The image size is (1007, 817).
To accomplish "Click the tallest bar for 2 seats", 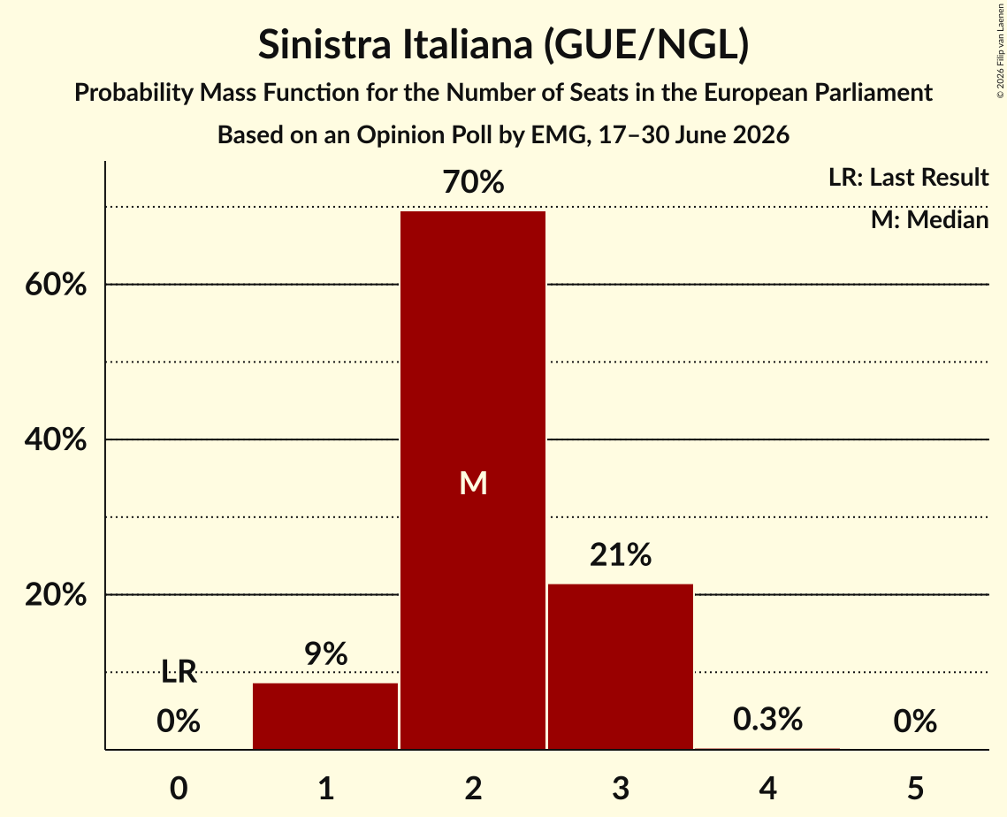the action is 473,480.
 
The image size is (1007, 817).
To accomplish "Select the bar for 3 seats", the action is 621,667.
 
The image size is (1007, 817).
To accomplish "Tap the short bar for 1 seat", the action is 325,716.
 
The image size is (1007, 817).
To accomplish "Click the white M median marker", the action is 473,483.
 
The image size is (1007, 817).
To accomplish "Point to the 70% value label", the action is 473,182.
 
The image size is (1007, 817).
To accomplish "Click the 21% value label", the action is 621,555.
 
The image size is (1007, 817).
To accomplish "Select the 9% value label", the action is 325,654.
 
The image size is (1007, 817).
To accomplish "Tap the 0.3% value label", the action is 767,720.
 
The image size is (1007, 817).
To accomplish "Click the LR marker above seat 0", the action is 179,672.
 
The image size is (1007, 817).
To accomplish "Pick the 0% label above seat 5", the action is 915,722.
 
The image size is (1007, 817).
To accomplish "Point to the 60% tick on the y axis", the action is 56,285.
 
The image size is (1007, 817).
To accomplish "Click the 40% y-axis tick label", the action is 56,440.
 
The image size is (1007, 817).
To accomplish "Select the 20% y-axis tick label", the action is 56,595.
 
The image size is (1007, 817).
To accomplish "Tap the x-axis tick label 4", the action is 768,788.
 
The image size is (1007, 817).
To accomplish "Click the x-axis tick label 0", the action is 179,788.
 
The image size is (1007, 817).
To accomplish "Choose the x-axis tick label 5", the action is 915,788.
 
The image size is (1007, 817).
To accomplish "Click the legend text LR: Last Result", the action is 908,177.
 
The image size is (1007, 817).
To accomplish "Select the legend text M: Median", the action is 929,220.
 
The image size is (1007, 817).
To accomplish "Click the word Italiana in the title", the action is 468,44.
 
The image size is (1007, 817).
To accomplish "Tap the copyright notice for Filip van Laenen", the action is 1000,50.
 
